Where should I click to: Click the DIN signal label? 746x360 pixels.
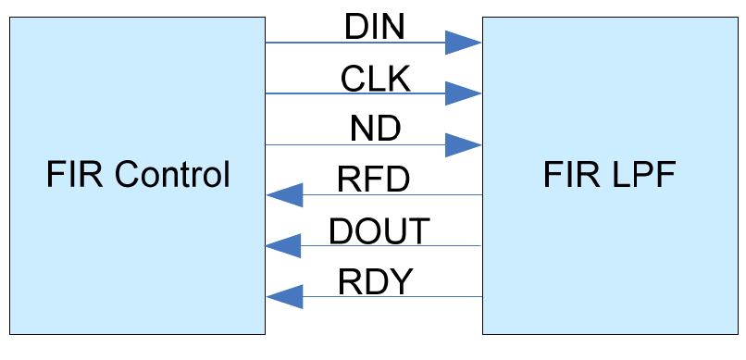(x=375, y=27)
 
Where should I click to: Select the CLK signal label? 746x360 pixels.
(x=375, y=79)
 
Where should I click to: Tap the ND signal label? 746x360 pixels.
(x=375, y=130)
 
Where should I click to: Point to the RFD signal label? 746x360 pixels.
(x=374, y=180)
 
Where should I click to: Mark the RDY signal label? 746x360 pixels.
(x=374, y=281)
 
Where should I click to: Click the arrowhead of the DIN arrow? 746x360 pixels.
(x=462, y=42)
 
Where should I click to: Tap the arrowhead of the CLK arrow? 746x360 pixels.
(x=462, y=93)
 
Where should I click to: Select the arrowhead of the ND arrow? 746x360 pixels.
(x=462, y=144)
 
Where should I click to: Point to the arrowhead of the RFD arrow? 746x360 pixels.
(x=284, y=195)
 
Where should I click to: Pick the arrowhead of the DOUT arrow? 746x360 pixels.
(x=284, y=246)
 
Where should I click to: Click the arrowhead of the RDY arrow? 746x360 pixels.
(x=284, y=297)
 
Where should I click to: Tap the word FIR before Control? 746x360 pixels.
(x=69, y=174)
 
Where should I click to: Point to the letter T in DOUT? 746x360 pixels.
(x=417, y=230)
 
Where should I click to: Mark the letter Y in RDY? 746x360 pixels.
(x=399, y=281)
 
